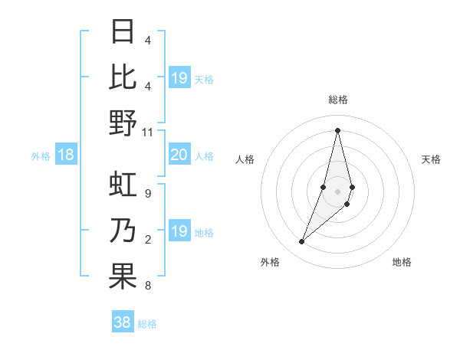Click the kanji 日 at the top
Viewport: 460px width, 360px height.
click(x=123, y=33)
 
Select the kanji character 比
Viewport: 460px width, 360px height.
click(x=123, y=77)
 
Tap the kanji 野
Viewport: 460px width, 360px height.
click(x=123, y=123)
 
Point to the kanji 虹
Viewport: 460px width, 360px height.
click(x=123, y=186)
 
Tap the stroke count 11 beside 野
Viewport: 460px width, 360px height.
click(x=148, y=132)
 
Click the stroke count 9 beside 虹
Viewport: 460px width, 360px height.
click(x=147, y=193)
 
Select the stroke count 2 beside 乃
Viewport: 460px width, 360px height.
click(x=147, y=240)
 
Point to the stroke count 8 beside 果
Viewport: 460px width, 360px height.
click(x=147, y=286)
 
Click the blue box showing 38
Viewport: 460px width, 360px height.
click(x=122, y=322)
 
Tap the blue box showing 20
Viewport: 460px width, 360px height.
click(x=179, y=155)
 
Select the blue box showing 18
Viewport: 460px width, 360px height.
click(x=66, y=155)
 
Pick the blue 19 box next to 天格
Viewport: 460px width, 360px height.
click(x=179, y=78)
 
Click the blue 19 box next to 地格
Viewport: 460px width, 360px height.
click(x=179, y=232)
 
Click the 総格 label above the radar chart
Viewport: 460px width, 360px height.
click(x=337, y=100)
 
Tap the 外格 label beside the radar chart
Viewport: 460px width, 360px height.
click(x=270, y=262)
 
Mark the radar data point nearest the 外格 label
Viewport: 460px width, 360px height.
click(x=302, y=242)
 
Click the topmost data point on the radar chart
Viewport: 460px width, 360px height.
click(x=337, y=130)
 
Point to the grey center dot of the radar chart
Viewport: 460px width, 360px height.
click(x=337, y=191)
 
